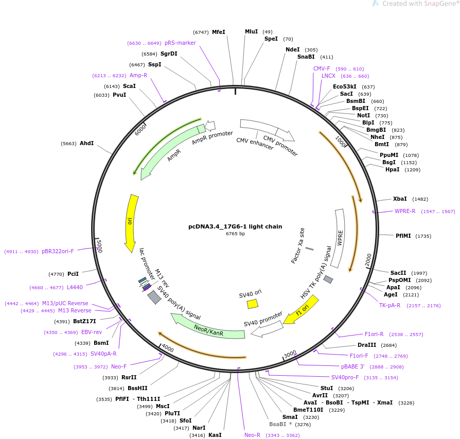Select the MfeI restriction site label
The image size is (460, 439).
pos(219,32)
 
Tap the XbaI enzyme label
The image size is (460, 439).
pos(400,199)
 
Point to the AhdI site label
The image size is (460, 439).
pos(86,143)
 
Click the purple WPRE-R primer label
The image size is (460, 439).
pos(405,211)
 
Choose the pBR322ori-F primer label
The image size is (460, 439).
pos(58,251)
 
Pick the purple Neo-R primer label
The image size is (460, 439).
pos(253,435)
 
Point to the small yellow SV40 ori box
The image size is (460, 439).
pos(252,304)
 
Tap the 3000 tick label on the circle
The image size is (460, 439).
pos(290,354)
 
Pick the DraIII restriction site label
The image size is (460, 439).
pos(367,345)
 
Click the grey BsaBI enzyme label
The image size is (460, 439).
pos(277,424)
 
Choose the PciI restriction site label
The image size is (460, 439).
pos(73,274)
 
